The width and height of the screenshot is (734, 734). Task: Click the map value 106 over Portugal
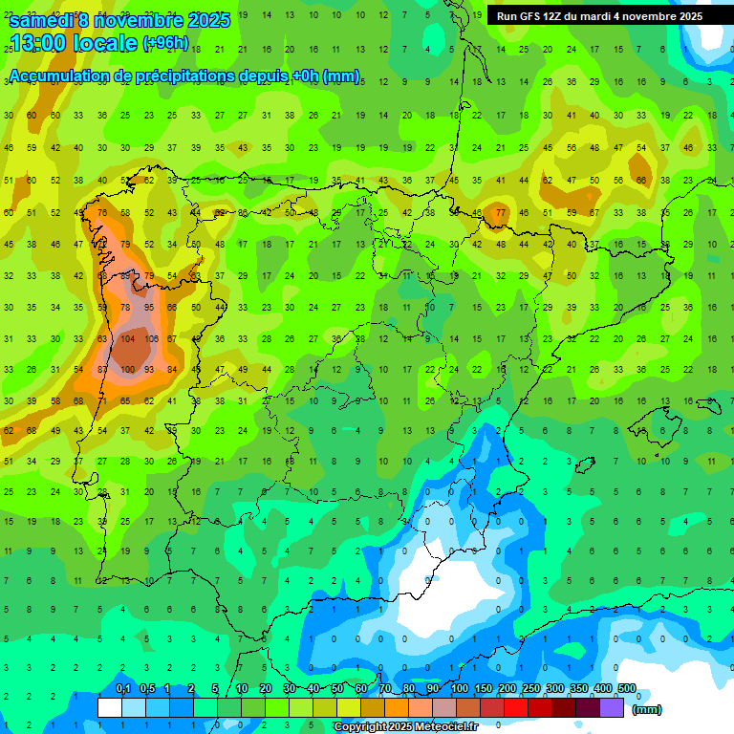click(151, 338)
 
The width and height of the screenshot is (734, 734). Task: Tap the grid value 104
click(127, 338)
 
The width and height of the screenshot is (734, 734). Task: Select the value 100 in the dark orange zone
click(127, 370)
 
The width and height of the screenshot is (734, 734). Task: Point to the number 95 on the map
click(149, 307)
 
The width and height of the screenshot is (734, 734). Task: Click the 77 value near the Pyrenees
click(500, 212)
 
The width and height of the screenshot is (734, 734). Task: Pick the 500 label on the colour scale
click(627, 688)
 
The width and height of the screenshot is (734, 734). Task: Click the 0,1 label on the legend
click(122, 688)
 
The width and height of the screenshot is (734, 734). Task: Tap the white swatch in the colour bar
click(110, 707)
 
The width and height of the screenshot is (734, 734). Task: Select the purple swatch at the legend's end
click(612, 707)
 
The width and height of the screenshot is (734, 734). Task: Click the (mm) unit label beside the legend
click(647, 709)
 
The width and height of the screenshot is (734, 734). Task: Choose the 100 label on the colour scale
click(460, 688)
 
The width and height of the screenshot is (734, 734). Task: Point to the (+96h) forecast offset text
click(166, 43)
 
